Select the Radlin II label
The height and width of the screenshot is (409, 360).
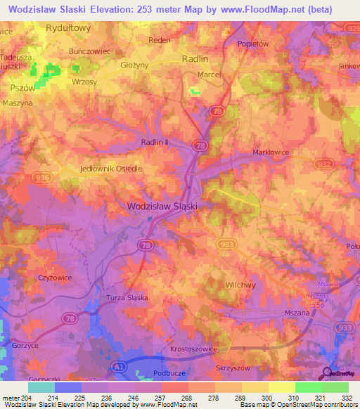tap(155, 143)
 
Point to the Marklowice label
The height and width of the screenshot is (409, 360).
tap(271, 152)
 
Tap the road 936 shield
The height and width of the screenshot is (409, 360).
tap(39, 178)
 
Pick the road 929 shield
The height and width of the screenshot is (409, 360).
tap(352, 26)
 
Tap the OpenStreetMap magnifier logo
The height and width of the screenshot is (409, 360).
tap(326, 373)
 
